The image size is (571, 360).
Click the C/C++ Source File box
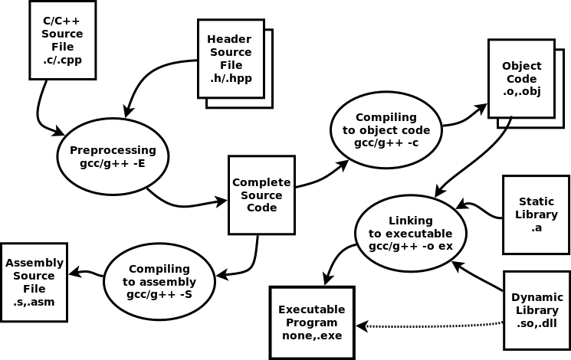coord(62,40)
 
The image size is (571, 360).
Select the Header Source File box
coord(231,58)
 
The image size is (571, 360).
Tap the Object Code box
coord(521,78)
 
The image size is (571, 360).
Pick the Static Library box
coord(536,214)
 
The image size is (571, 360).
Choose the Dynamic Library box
coord(537,309)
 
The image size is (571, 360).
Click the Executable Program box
coord(311,322)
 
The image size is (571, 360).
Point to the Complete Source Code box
coord(261,195)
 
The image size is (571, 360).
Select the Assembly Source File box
coord(34,282)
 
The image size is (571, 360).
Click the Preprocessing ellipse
coord(113,156)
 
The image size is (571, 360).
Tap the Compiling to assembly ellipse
coord(159,281)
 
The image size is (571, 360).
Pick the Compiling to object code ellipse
coord(386,129)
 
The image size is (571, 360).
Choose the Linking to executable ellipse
coord(410,233)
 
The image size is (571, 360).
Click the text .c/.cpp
coord(62,59)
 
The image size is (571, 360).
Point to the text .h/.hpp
coord(231,78)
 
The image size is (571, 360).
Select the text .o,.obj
coord(521,91)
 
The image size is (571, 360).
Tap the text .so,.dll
coord(537,322)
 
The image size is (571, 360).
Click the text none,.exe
coord(311,335)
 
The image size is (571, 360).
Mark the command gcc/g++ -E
coord(113,163)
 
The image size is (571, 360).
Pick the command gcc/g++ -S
coord(159,294)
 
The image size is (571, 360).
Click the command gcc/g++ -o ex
coord(410,246)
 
